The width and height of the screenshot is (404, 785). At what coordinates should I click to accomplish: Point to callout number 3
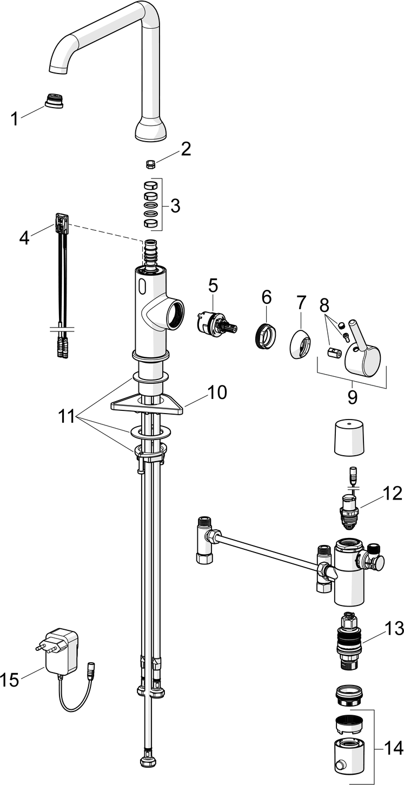click(175, 205)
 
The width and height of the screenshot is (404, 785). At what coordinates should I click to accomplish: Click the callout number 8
click(323, 306)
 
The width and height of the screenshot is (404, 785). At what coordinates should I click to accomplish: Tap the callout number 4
click(24, 237)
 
